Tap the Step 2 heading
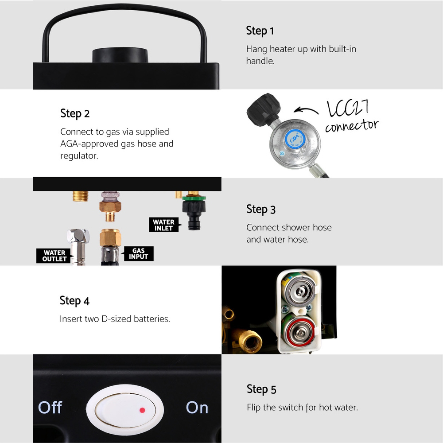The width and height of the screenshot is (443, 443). (x=75, y=113)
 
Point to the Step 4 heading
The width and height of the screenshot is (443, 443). (x=74, y=301)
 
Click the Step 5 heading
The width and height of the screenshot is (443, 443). (x=261, y=389)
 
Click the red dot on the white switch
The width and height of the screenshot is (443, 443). (x=142, y=410)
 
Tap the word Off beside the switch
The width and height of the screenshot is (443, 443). (x=50, y=408)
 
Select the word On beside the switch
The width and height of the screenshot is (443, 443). (x=197, y=408)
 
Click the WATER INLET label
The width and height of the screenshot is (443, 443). (x=164, y=225)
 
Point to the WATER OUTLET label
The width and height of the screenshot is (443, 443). (x=54, y=256)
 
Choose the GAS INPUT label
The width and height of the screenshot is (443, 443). (x=138, y=254)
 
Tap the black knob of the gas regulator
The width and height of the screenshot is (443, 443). (x=263, y=109)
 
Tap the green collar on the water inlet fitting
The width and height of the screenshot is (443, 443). (x=194, y=198)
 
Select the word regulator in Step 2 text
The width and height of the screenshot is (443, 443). (x=79, y=155)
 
